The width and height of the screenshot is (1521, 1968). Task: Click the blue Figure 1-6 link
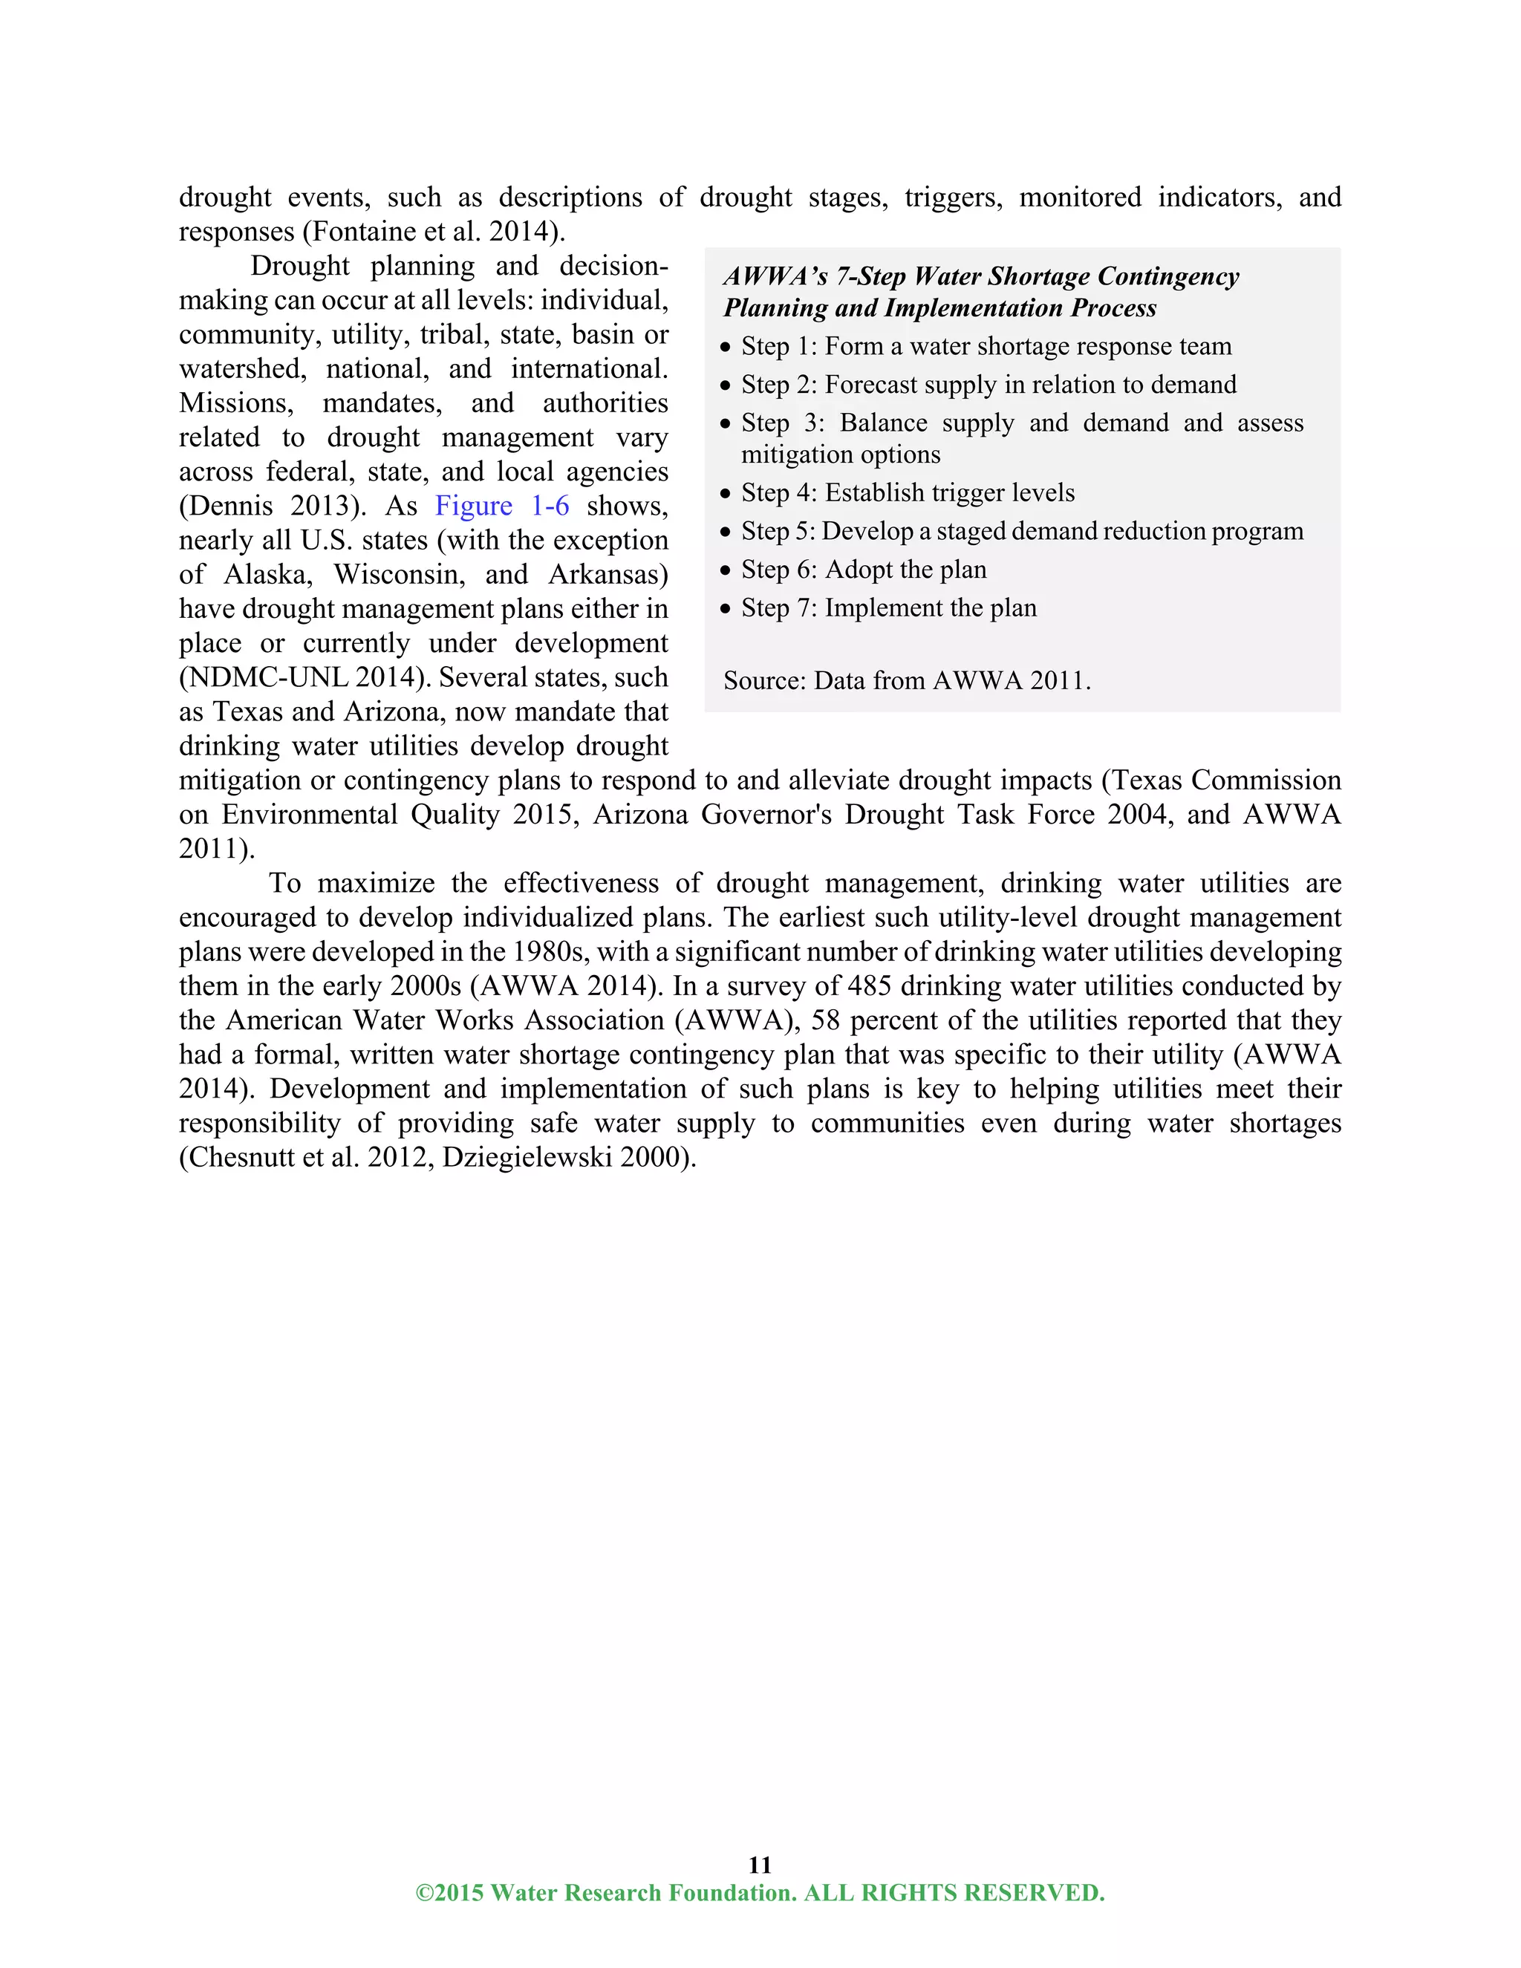502,506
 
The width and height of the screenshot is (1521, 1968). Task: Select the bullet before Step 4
726,494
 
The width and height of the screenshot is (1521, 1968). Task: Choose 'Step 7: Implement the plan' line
888,608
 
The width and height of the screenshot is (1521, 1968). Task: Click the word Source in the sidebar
764,680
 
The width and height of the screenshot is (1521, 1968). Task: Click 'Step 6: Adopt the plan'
863,570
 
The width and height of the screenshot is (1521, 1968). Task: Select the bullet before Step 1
726,347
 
